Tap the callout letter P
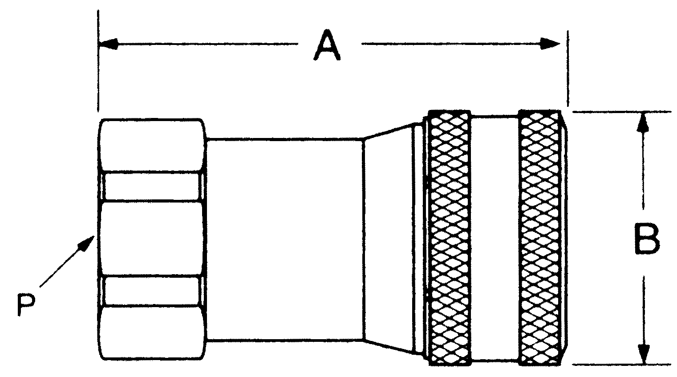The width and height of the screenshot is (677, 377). point(26,304)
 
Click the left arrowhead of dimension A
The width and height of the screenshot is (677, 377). point(109,44)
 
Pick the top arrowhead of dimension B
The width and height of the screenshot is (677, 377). point(642,122)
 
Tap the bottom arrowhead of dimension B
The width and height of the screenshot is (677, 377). point(642,354)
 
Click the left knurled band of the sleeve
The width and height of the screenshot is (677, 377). point(449,238)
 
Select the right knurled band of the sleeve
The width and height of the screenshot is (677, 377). point(540,238)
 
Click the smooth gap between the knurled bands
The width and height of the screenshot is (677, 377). point(495,238)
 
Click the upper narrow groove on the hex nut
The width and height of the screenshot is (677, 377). point(151,186)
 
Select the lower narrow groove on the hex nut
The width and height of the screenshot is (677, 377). point(151,290)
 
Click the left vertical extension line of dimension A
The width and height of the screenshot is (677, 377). point(98,67)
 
